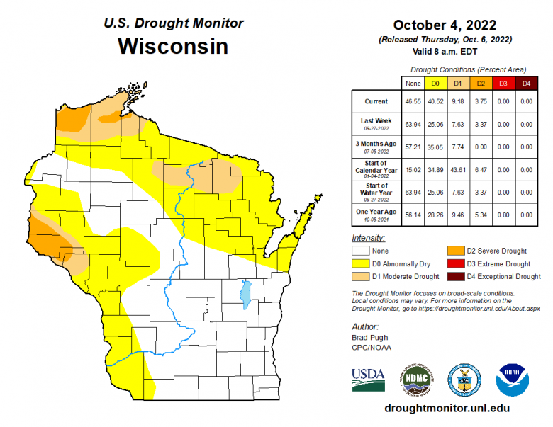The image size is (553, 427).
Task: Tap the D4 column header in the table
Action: click(525, 84)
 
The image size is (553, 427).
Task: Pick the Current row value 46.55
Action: click(411, 101)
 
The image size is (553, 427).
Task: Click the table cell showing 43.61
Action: click(457, 169)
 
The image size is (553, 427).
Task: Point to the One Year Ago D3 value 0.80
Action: click(503, 214)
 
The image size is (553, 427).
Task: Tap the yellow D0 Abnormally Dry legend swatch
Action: click(362, 263)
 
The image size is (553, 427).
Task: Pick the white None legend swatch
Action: click(362, 251)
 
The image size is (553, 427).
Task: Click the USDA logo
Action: click(368, 380)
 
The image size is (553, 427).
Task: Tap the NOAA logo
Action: click(513, 380)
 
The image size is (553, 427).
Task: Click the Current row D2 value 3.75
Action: click(480, 101)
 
